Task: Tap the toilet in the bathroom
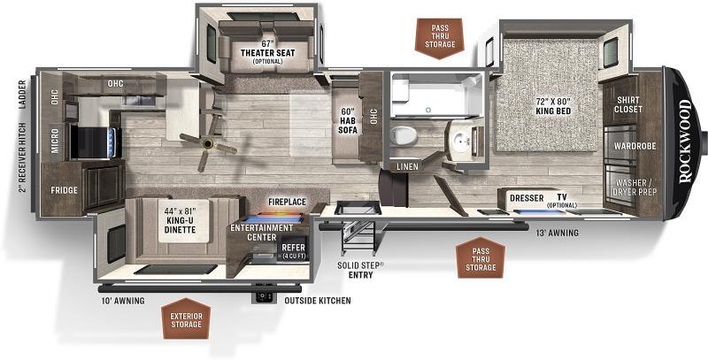[403, 134]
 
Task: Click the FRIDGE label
[64, 190]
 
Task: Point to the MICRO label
[55, 141]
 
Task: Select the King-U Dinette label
[180, 219]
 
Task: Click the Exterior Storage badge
[186, 318]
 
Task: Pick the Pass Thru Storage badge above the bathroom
[440, 38]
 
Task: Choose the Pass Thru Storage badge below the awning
[481, 257]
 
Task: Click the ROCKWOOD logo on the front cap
[685, 141]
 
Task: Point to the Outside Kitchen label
[318, 301]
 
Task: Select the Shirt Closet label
[628, 104]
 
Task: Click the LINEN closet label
[407, 166]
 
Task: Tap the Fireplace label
[287, 202]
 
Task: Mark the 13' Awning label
[557, 233]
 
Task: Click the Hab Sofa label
[349, 120]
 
